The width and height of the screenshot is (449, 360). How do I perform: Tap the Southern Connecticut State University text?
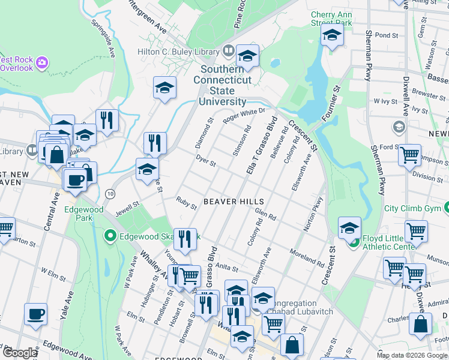click(x=222, y=86)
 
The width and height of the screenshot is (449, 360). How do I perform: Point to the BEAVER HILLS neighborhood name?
click(x=228, y=202)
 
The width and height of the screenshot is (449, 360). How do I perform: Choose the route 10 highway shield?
click(x=109, y=194)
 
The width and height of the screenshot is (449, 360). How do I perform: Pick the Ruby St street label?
click(x=186, y=203)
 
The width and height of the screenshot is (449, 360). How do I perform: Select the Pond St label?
click(x=386, y=35)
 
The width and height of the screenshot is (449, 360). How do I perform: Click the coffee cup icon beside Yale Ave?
click(x=35, y=314)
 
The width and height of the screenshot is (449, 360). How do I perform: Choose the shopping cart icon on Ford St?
click(x=410, y=155)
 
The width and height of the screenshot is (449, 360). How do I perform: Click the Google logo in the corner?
click(x=19, y=353)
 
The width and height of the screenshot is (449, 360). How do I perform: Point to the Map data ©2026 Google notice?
click(x=412, y=355)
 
